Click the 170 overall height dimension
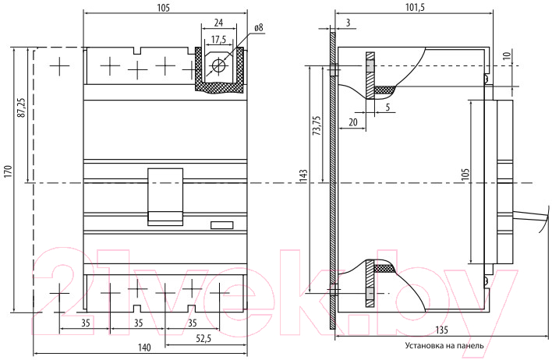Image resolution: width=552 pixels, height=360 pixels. pos(8,171)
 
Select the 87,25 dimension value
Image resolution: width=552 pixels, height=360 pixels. pos(22,108)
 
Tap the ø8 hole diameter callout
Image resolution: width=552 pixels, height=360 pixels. pos(259,28)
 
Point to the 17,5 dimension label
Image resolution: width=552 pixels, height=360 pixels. pos(218,40)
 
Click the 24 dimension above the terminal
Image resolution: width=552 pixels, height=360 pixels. pos(218,23)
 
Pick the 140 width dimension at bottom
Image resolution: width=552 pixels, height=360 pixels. pos(144,348)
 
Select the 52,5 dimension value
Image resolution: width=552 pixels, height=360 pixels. pos(203,338)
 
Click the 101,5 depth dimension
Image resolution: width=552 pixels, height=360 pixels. pos(416,7)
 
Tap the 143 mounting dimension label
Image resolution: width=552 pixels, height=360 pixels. pos(304,175)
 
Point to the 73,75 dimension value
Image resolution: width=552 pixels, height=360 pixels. pos(317,125)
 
